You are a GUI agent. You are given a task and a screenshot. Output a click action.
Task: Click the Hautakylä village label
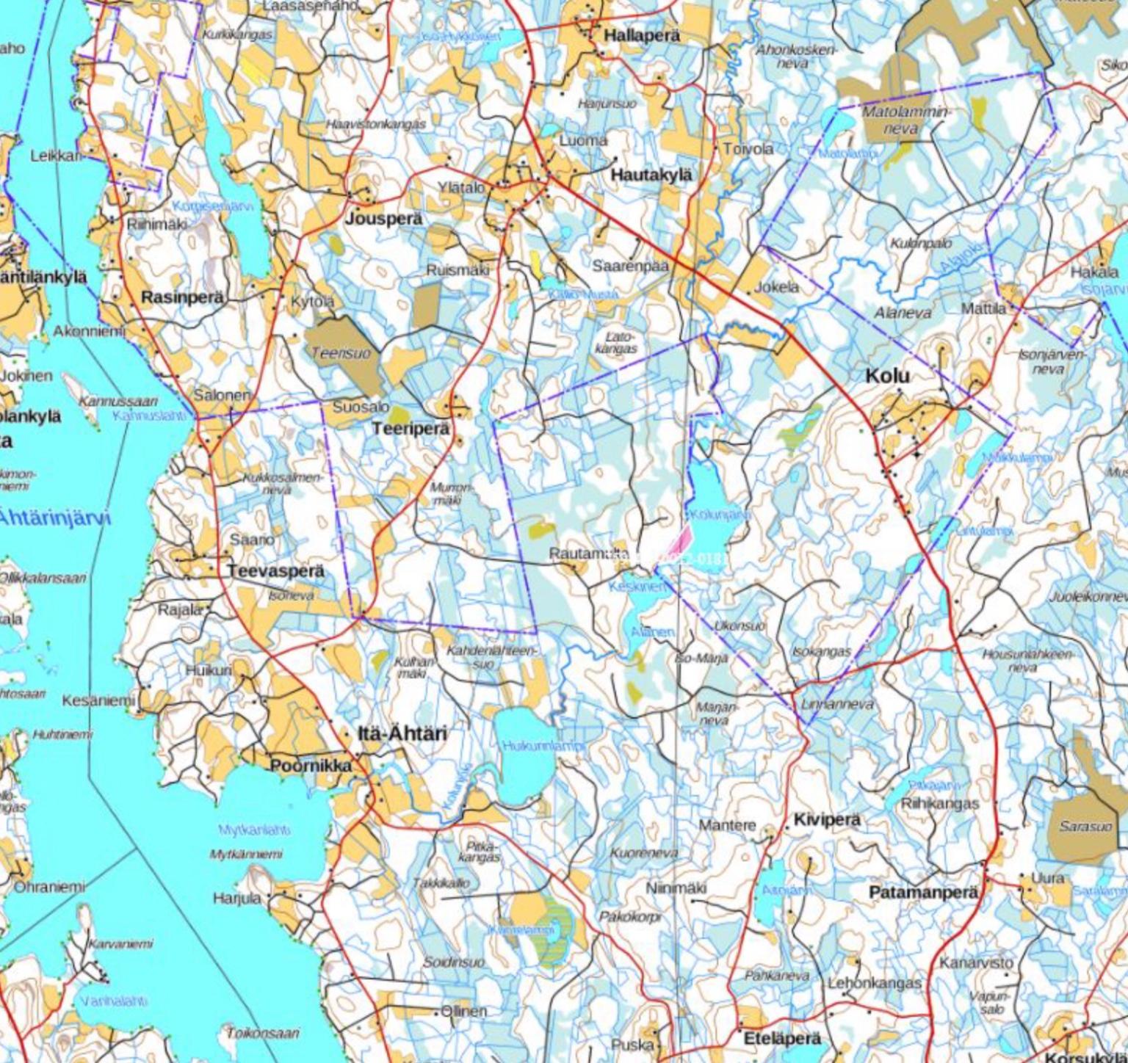click(651, 175)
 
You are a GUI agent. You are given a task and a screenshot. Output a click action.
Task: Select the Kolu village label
click(887, 376)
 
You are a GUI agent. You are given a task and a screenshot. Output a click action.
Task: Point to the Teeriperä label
click(411, 429)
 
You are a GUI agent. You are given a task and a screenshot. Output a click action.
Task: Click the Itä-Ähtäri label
click(402, 733)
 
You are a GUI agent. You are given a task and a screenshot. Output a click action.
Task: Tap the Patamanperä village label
click(923, 893)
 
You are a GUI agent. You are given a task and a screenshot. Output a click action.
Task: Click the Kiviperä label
click(826, 819)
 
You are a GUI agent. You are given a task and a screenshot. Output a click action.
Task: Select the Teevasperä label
click(275, 570)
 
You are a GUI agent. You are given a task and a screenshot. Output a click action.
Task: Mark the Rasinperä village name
click(182, 297)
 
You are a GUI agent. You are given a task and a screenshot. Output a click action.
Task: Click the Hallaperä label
click(642, 35)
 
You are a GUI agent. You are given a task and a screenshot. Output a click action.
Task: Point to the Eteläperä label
click(782, 1039)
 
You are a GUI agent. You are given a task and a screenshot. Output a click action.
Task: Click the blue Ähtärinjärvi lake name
click(55, 518)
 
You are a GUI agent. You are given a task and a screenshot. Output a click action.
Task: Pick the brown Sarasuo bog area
click(1085, 827)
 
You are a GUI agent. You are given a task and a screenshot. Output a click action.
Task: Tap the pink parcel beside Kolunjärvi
click(680, 540)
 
